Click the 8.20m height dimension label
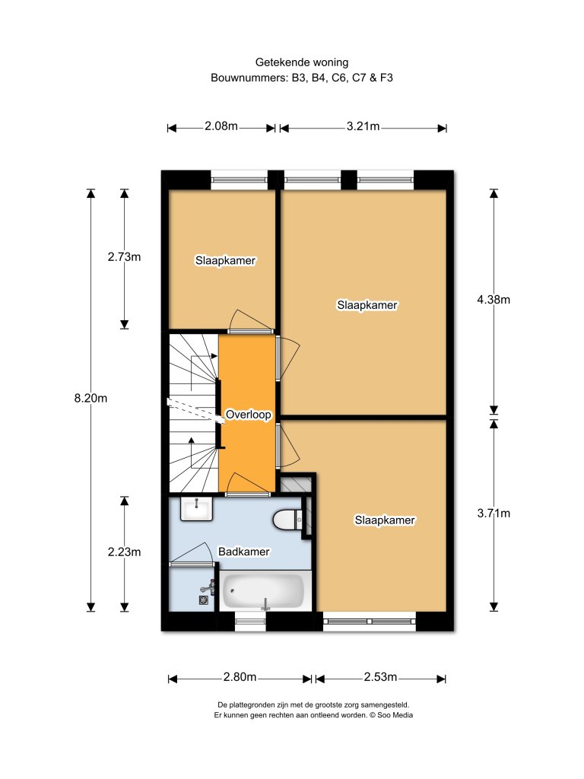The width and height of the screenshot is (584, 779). [91, 398]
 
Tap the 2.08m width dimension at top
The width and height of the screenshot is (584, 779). [221, 127]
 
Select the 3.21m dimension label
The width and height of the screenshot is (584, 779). [363, 127]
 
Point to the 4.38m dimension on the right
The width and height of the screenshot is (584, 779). [494, 300]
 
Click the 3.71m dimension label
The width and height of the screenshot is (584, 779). [494, 514]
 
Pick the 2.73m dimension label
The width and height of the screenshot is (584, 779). [124, 257]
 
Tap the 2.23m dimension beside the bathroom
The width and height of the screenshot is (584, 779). [124, 552]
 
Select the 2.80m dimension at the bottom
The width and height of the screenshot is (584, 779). [240, 677]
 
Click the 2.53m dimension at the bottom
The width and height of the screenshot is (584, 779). [380, 677]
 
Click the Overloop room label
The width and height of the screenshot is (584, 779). [248, 415]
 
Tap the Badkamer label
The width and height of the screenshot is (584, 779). [243, 552]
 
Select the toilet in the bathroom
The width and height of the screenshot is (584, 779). [287, 520]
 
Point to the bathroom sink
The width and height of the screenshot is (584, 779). [197, 508]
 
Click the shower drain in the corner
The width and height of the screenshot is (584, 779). [204, 600]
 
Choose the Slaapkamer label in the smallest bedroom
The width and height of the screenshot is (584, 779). [225, 260]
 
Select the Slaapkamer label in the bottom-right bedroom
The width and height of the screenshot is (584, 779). [385, 520]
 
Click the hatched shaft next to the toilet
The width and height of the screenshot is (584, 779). [295, 483]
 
